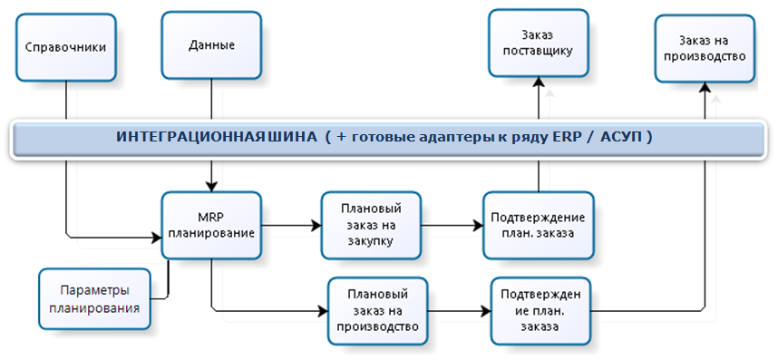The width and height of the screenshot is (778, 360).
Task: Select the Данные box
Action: pyautogui.click(x=211, y=44)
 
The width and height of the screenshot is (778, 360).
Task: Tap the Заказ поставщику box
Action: pyautogui.click(x=539, y=43)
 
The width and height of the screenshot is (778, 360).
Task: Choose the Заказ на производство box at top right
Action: pyautogui.click(x=704, y=47)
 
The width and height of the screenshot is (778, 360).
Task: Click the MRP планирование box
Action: pyautogui.click(x=210, y=224)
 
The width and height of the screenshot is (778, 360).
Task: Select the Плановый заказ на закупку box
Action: pyautogui.click(x=372, y=224)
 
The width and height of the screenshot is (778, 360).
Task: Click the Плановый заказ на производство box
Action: pyautogui.click(x=377, y=310)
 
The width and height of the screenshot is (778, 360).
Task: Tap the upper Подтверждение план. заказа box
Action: pyautogui.click(x=538, y=224)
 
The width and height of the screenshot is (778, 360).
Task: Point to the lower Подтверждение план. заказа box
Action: pyautogui.click(x=541, y=310)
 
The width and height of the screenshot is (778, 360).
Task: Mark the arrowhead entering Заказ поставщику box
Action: pyautogui.click(x=539, y=83)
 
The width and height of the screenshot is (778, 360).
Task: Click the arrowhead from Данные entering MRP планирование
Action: pyautogui.click(x=211, y=185)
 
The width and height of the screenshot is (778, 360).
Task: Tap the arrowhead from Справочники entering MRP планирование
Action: pyautogui.click(x=155, y=238)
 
